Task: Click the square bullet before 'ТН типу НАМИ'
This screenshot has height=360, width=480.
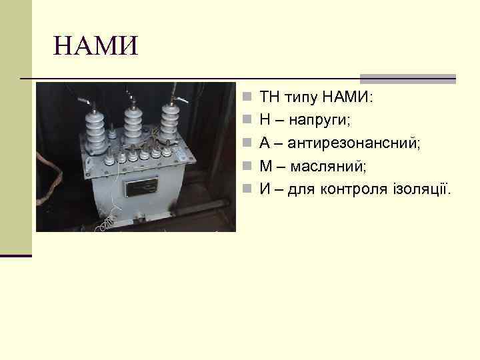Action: [x=247, y=98]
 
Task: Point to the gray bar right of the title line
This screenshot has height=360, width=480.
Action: [x=407, y=78]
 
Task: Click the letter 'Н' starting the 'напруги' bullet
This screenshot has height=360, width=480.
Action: [x=265, y=121]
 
